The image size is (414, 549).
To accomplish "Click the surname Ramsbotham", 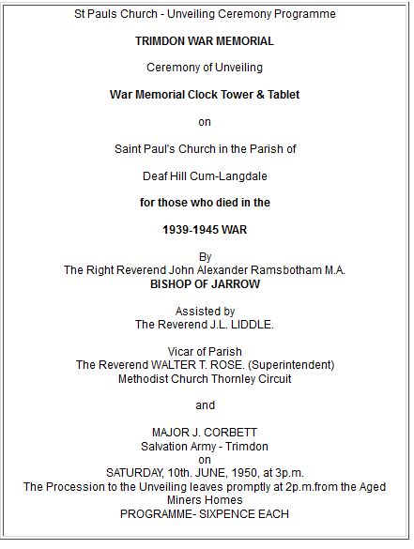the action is coord(286,269).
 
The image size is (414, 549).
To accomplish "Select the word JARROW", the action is coord(235,282).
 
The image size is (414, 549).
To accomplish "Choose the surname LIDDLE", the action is coord(247,324).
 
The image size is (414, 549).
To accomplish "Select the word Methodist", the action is coord(148,378).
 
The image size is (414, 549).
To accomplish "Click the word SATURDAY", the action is coord(138,473).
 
